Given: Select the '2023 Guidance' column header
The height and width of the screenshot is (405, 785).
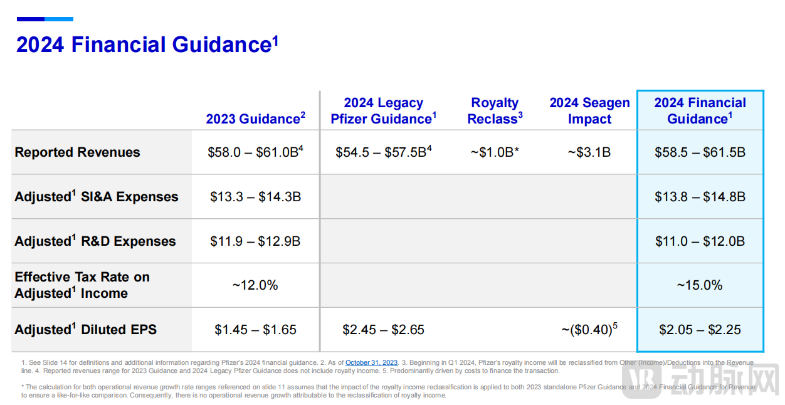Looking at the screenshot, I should click(x=255, y=119).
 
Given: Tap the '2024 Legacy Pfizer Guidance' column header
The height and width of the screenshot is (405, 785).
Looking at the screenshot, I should click(x=383, y=111).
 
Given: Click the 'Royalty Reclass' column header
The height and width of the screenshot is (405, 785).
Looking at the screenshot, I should click(x=495, y=111).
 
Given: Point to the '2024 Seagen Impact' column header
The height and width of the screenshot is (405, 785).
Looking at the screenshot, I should click(x=589, y=111).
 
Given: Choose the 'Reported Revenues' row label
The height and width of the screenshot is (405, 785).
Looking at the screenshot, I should click(x=78, y=152).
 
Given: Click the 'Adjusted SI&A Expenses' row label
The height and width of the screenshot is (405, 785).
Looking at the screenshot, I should click(x=97, y=197).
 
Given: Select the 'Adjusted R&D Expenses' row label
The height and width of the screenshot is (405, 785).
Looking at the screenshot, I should click(x=95, y=241).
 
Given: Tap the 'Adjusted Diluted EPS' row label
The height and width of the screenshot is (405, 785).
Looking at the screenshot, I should click(x=86, y=330).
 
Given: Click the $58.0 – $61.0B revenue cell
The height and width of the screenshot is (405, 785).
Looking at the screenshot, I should click(x=255, y=152).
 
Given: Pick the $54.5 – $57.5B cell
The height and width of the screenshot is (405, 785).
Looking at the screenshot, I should click(x=383, y=152).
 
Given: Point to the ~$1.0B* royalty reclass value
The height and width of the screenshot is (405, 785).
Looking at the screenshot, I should click(x=495, y=152).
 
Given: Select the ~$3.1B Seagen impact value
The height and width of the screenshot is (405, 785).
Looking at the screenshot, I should click(x=589, y=152).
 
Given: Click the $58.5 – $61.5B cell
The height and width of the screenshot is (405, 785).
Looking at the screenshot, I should click(x=700, y=152).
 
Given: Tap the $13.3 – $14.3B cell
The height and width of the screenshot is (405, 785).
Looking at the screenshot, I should click(x=255, y=197).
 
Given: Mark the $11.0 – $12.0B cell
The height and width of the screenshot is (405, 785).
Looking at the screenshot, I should click(x=700, y=241).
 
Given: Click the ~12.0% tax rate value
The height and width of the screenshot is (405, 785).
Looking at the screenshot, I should click(x=255, y=285).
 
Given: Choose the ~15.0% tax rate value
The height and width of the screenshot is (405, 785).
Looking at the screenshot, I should click(x=700, y=285).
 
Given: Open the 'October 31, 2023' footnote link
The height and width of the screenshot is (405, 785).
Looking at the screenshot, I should click(x=371, y=362).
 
